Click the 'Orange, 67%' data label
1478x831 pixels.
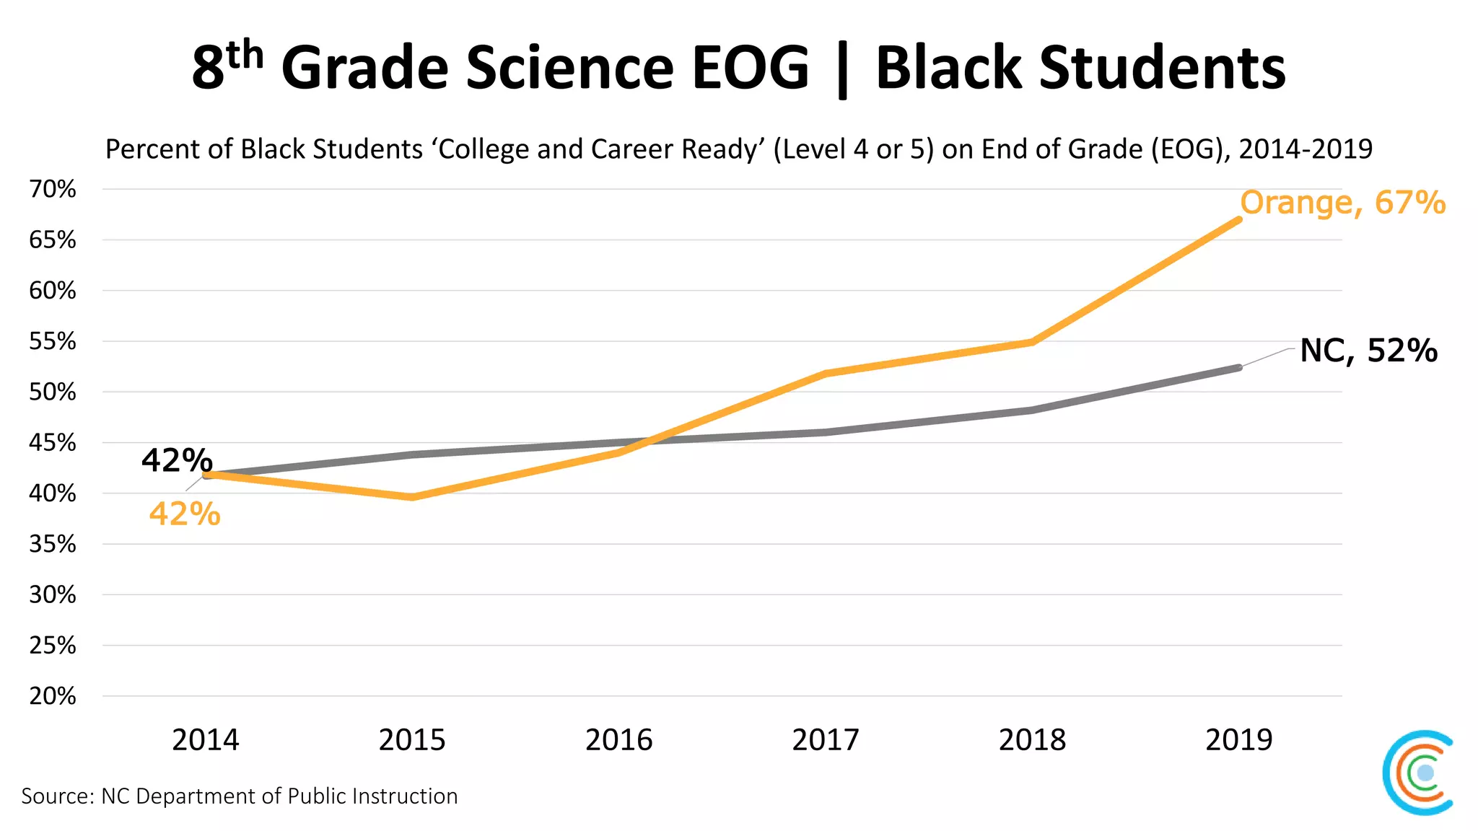pos(1342,203)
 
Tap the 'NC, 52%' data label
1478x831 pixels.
pos(1368,351)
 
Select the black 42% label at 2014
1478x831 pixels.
pos(177,460)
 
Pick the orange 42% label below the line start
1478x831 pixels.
pos(185,514)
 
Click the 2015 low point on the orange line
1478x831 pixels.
pos(412,497)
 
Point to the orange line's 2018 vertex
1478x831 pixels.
pos(1032,342)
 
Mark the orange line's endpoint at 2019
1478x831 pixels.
pos(1238,219)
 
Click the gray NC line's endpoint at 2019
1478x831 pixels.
pos(1238,368)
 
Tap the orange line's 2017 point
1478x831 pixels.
pos(826,374)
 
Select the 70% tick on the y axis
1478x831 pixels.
pos(52,190)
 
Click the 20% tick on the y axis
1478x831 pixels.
pos(52,696)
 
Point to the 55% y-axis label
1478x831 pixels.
pos(52,341)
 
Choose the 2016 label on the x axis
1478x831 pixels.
pos(618,740)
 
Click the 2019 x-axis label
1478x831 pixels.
pos(1238,740)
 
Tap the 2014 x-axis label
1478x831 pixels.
pos(205,740)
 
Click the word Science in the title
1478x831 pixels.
pos(569,68)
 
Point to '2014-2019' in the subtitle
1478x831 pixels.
pos(1305,149)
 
